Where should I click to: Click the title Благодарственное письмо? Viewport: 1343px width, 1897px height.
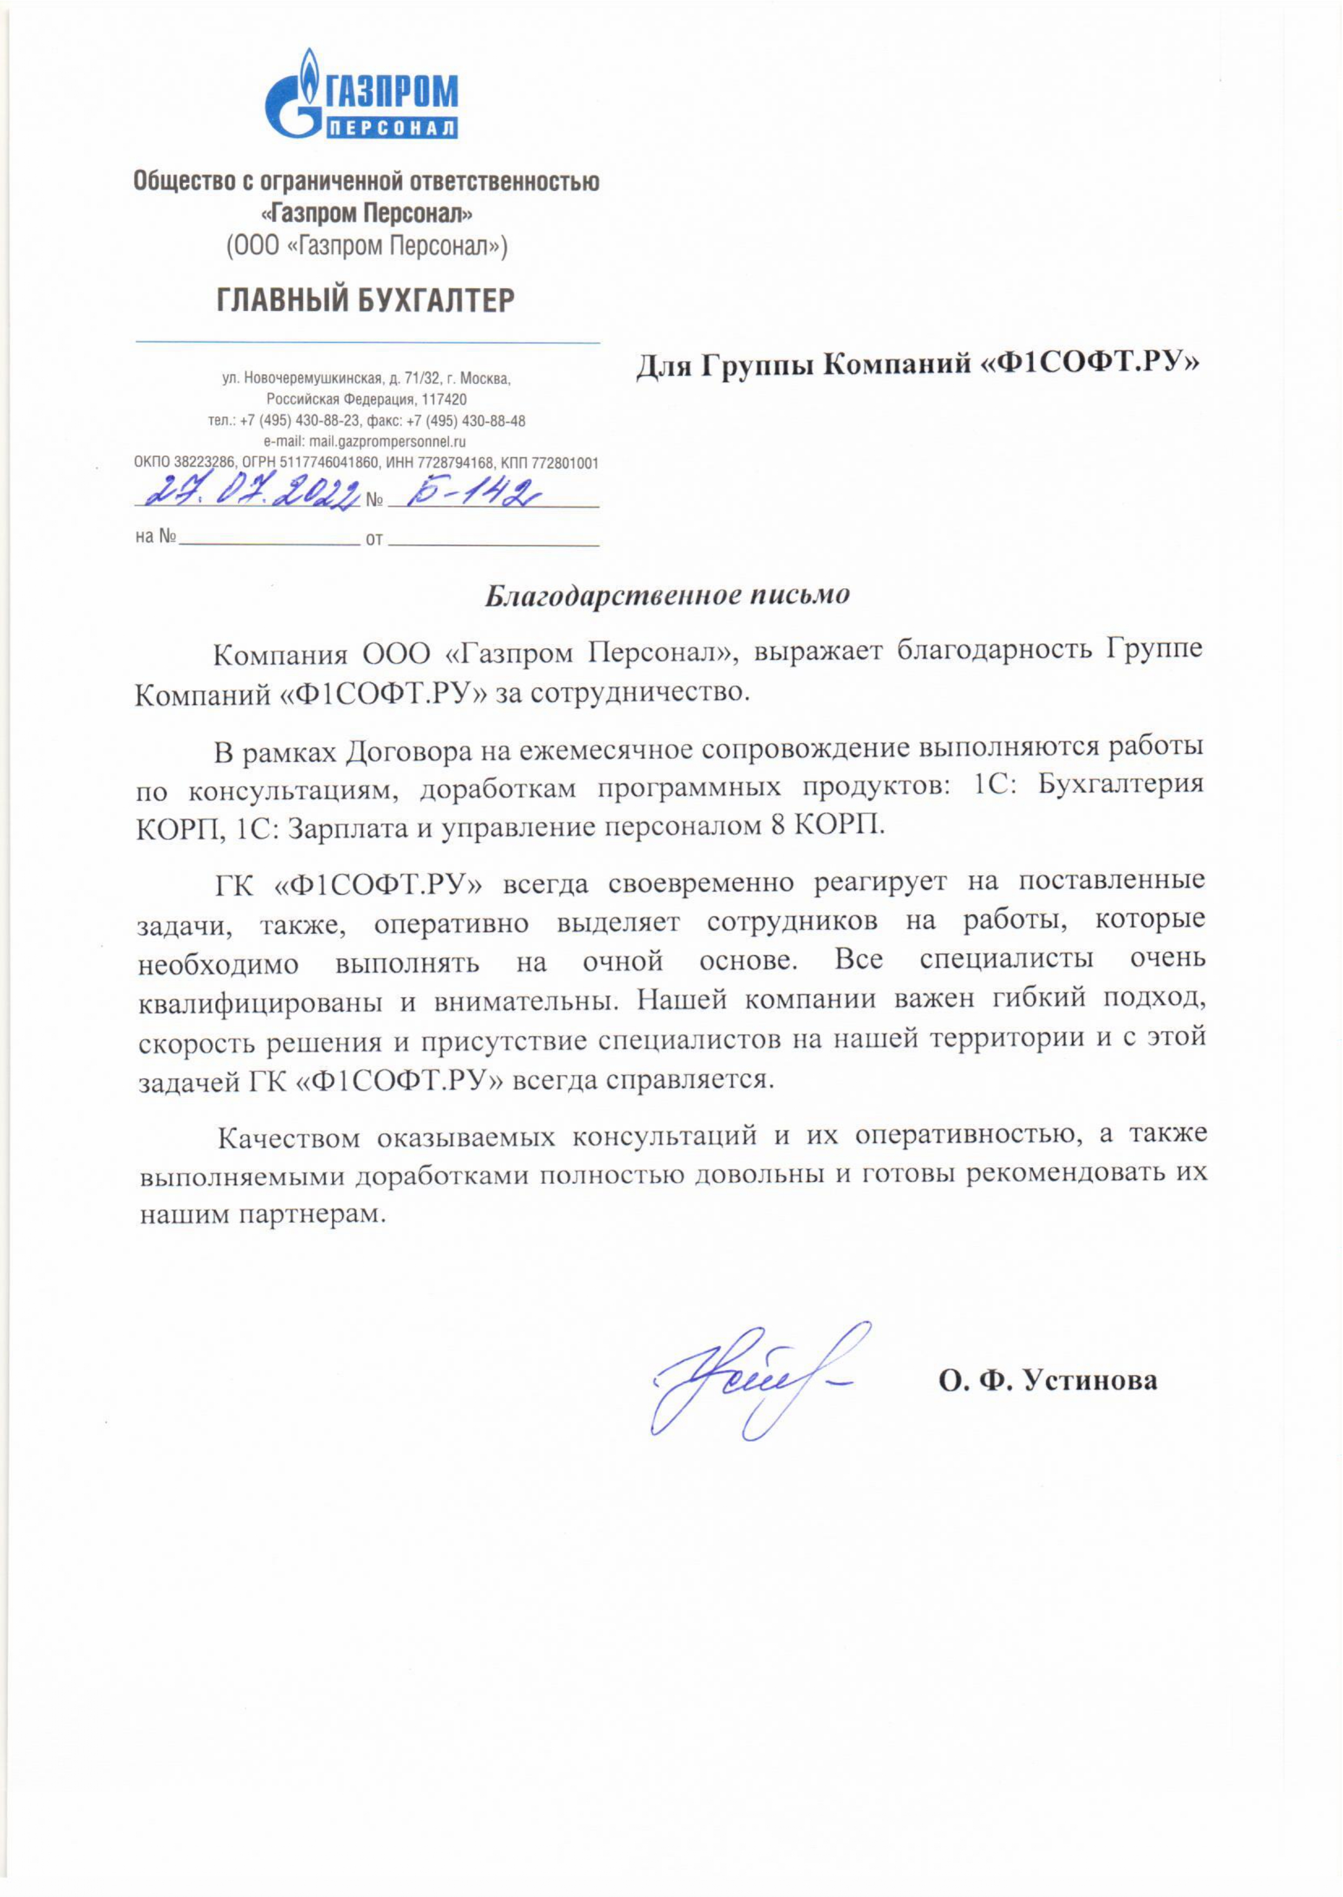pos(667,595)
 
